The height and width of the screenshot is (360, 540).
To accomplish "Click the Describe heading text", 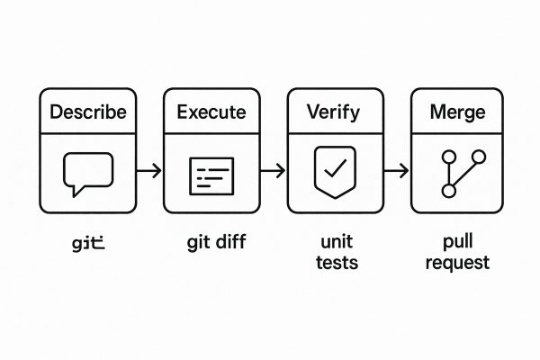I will coord(88,113).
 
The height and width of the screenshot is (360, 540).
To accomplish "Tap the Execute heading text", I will coord(211,113).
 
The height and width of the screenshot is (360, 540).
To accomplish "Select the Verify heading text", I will coord(334,113).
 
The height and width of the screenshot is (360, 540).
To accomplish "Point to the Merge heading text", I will coord(458,113).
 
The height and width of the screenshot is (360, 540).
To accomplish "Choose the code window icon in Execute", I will coord(211,175).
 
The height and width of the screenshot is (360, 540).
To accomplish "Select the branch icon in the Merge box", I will coord(460,173).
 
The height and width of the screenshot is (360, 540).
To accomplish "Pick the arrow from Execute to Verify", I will coord(273,170).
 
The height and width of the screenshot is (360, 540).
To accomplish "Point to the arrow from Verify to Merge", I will coord(396,170).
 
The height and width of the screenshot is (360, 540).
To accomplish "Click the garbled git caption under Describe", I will coord(88,243).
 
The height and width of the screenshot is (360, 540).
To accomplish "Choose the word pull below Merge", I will coord(458,243).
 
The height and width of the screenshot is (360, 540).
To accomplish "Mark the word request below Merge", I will coord(458,263).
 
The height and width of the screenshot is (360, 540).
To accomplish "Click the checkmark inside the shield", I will coord(334,169).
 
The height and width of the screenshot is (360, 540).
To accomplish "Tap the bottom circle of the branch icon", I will coord(447,191).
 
